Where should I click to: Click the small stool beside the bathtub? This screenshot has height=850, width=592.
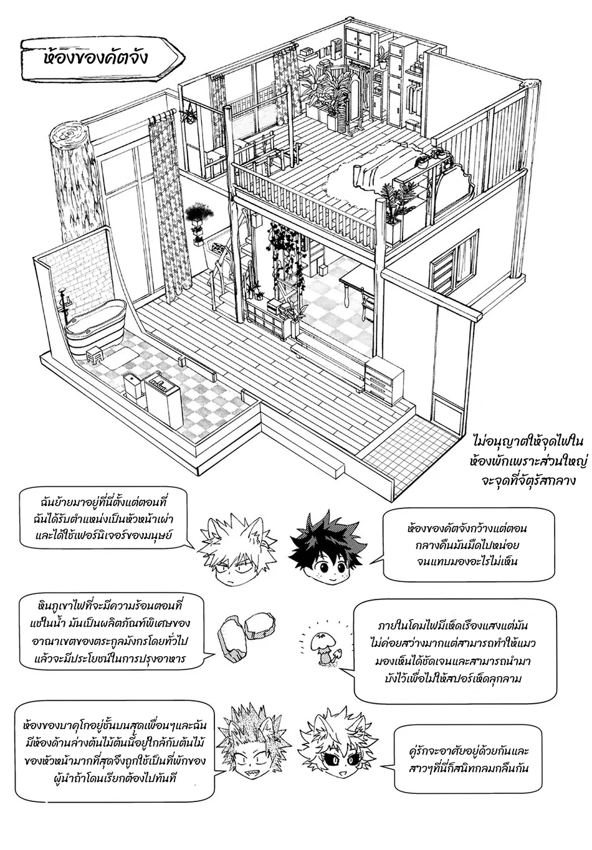click(x=96, y=356)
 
